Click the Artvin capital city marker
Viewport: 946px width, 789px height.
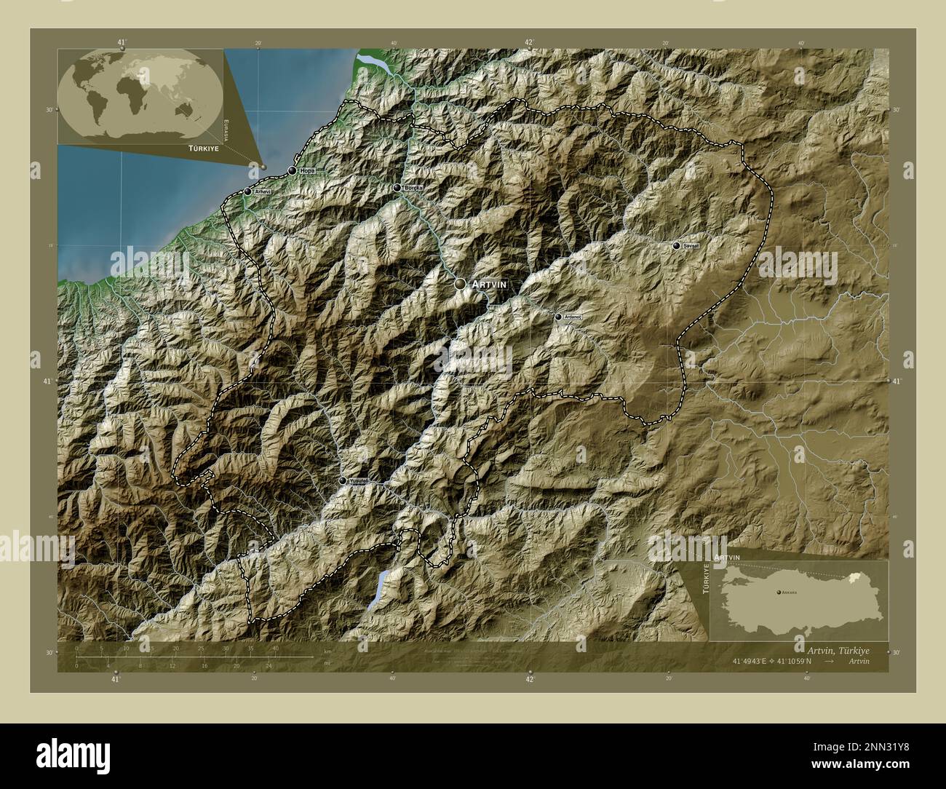461,283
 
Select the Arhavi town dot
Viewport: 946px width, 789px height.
247,191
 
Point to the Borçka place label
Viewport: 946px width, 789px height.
413,188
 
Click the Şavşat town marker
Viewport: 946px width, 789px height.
677,246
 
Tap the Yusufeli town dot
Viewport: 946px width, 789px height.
343,480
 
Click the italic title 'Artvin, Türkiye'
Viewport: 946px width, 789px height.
838,649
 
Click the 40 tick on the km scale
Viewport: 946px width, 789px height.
276,648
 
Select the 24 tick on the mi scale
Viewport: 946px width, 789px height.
269,665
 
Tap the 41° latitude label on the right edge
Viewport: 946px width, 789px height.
896,381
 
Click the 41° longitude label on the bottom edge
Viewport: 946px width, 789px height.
115,679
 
